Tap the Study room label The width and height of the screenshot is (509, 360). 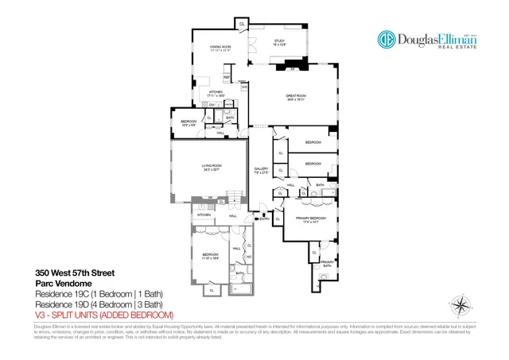(x=279, y=41)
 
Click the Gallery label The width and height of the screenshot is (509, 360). (x=261, y=169)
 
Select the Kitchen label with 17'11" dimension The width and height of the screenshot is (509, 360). (x=216, y=93)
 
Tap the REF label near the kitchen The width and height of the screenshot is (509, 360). (x=226, y=78)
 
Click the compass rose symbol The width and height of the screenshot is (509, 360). (x=460, y=306)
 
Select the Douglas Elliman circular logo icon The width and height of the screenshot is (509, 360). (x=388, y=41)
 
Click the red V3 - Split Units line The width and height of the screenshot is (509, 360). (x=103, y=315)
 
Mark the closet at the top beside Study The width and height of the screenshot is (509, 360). (x=240, y=24)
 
